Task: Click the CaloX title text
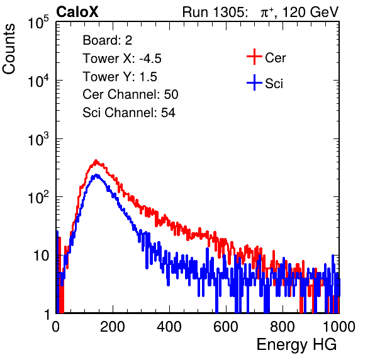point(77,12)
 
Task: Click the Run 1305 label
point(215,12)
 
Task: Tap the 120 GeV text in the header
point(310,12)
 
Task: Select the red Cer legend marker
point(254,57)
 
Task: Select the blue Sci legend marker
point(254,82)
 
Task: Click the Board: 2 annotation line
point(107,40)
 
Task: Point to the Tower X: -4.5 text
point(122,59)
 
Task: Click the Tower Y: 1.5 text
point(120,77)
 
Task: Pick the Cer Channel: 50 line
point(130,94)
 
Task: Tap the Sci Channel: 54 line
point(129,113)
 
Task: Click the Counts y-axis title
point(9,49)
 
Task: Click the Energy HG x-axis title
point(296,344)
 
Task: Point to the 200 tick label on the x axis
point(113,327)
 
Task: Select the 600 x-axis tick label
point(226,327)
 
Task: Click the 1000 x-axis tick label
point(339,327)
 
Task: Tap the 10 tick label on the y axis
point(42,256)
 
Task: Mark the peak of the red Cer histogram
point(96,160)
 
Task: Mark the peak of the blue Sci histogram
point(97,175)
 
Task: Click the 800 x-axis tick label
point(283,327)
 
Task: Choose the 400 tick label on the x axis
point(169,327)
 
